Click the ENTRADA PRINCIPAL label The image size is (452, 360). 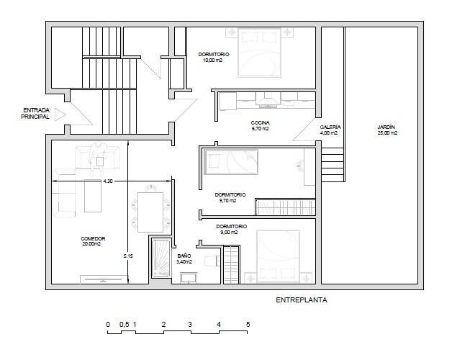35,113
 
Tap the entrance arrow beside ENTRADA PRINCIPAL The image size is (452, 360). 60,114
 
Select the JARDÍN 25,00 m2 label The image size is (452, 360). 387,130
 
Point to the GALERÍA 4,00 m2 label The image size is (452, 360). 330,130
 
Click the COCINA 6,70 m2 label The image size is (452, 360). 260,126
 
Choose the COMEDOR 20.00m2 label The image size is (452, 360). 93,241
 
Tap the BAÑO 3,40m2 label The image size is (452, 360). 184,258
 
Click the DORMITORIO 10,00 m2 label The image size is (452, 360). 214,57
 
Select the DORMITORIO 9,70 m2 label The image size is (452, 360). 230,197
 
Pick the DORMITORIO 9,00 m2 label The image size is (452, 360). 231,230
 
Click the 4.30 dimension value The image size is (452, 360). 108,181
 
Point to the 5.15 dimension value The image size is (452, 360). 128,256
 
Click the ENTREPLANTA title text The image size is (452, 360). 302,300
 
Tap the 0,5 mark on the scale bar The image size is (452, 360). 125,325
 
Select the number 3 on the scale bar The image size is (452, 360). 190,325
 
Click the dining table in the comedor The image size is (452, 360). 150,212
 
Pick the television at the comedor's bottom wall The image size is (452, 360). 103,279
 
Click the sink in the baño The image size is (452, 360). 189,278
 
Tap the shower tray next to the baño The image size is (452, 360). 161,258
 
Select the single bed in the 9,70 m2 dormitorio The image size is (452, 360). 231,162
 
